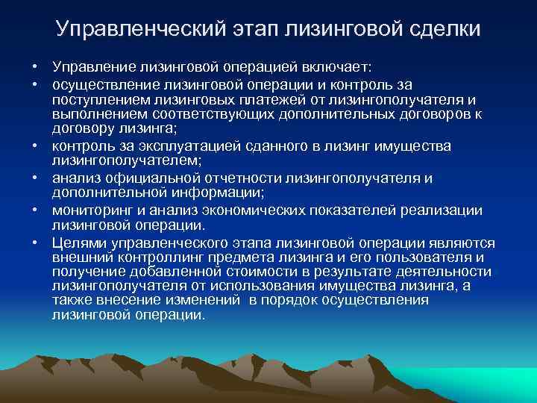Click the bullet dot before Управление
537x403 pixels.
[x=35, y=70]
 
